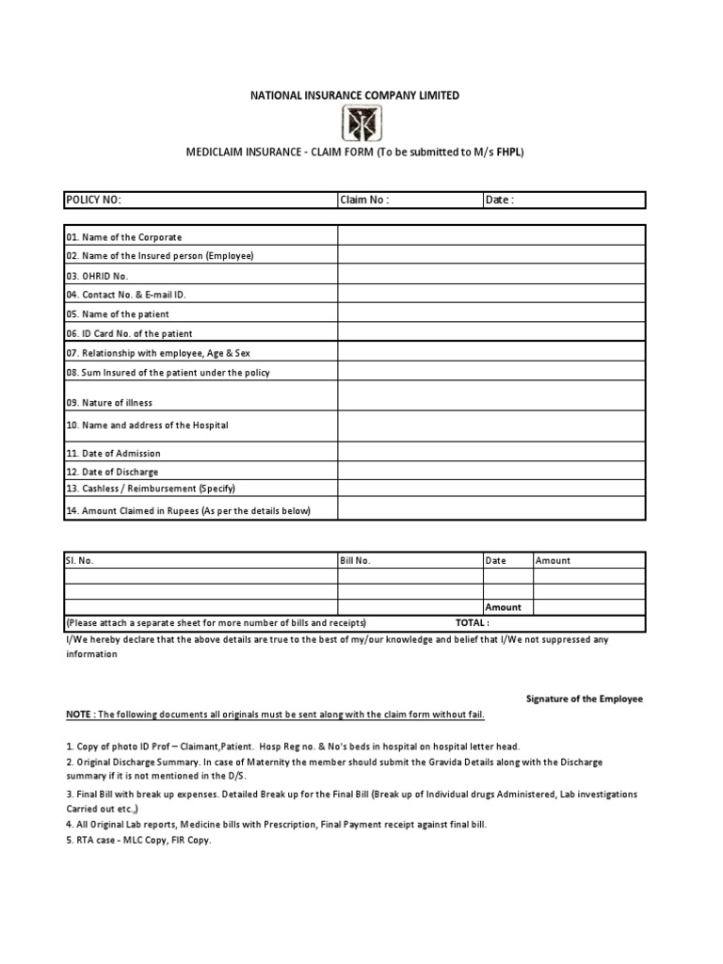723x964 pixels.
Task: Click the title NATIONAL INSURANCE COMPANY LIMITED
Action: coord(354,95)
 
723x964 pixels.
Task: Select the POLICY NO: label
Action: coord(93,200)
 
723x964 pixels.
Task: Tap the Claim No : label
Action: coord(364,200)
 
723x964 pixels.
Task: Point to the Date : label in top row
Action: coord(500,200)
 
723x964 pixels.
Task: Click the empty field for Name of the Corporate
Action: coord(491,236)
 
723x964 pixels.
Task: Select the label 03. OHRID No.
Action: coord(97,276)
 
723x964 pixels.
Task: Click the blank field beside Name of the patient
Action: coord(491,313)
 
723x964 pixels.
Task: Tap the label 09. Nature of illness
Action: coord(109,403)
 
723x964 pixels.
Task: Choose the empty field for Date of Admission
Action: coord(491,453)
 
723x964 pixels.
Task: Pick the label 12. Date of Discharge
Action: coord(112,472)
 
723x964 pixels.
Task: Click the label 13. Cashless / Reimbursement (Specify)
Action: coord(150,489)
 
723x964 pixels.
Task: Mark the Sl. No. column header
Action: coord(79,560)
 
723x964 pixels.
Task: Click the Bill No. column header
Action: coord(356,560)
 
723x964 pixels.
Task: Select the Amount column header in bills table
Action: coord(553,560)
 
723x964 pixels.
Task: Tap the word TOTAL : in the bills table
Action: coord(472,623)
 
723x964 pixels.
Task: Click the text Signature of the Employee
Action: coord(583,699)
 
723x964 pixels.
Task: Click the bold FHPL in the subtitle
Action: coord(509,151)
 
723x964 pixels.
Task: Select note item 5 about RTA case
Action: coord(138,841)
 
